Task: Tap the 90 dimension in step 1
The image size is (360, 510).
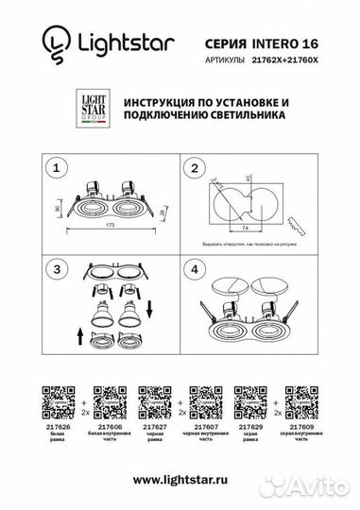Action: (x=58, y=206)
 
